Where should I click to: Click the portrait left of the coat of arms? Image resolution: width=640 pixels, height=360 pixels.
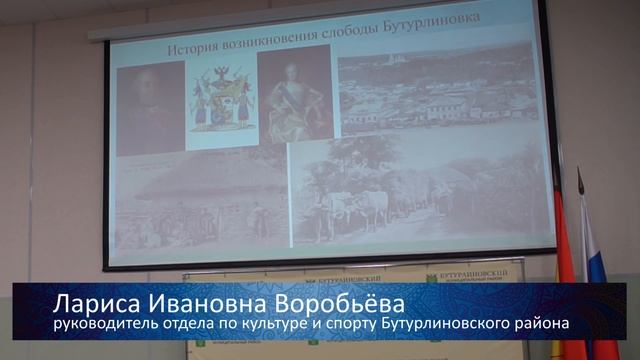point(151,108)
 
